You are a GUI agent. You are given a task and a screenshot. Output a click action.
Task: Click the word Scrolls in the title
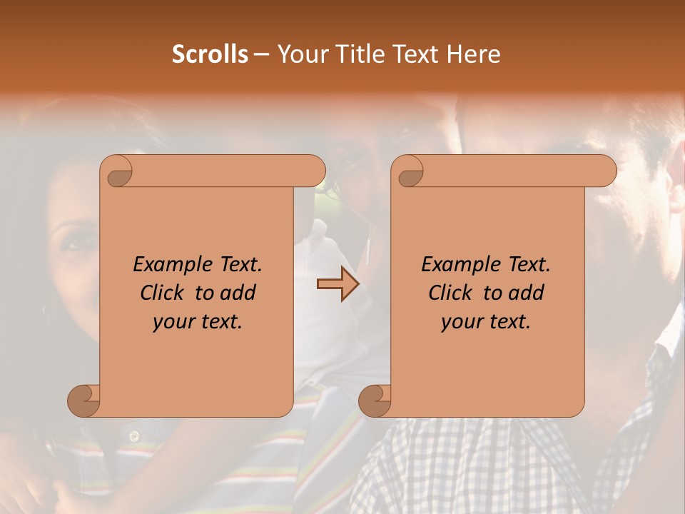tap(210, 54)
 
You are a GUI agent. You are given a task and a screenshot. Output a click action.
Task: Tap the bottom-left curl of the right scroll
tap(375, 400)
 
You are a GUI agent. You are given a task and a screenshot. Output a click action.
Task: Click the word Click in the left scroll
tap(163, 293)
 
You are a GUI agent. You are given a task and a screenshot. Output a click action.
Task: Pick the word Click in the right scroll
tap(452, 293)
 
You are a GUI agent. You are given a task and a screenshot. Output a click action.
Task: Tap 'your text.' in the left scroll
tap(198, 321)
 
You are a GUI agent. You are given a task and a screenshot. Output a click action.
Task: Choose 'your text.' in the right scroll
tap(486, 321)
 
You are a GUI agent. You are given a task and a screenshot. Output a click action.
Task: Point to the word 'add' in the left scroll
tap(238, 293)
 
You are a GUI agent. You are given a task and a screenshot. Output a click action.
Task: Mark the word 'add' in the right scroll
tap(527, 293)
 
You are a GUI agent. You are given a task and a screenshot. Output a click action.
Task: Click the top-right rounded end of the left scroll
tap(314, 171)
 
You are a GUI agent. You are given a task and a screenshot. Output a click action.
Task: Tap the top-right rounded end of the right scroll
tap(605, 171)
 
